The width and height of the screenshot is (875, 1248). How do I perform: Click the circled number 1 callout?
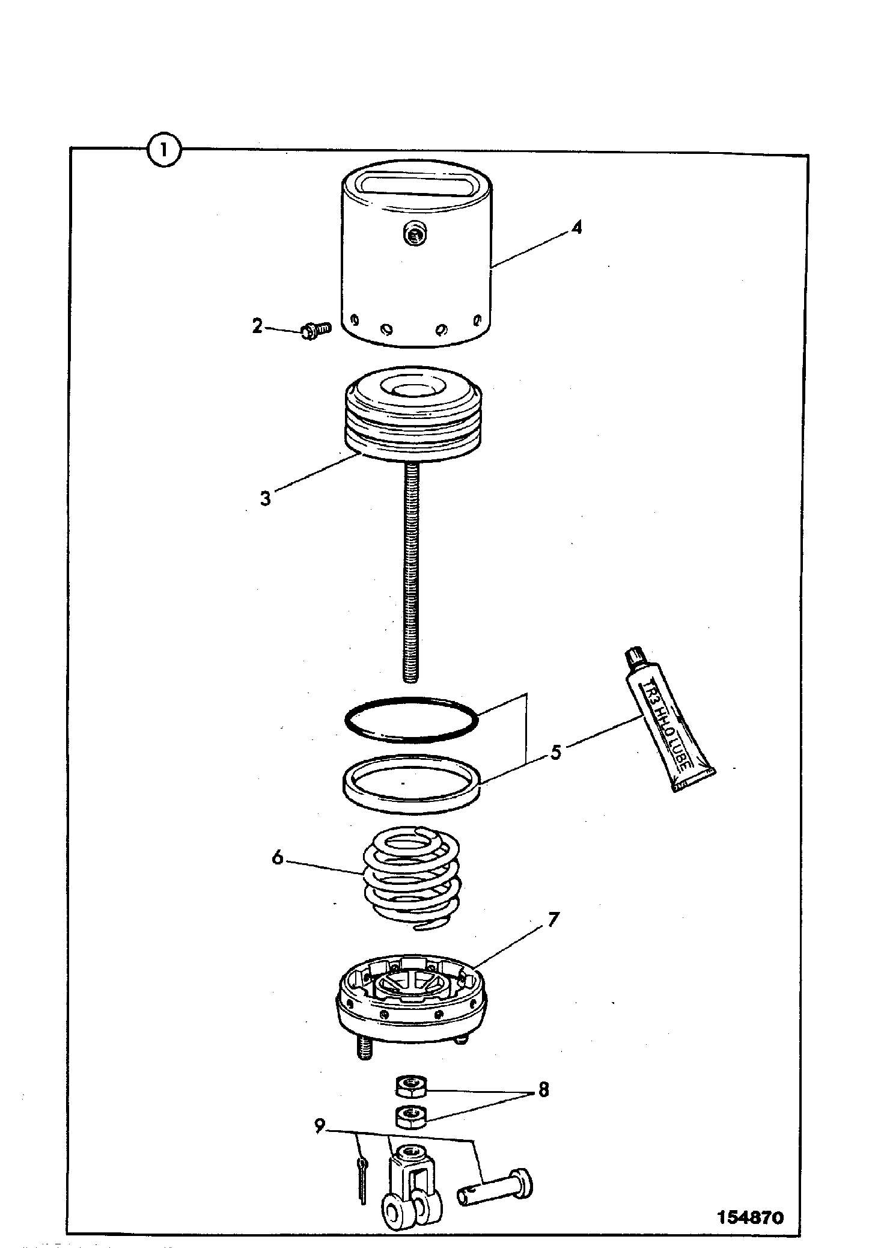click(163, 150)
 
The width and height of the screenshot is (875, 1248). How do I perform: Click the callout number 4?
click(576, 227)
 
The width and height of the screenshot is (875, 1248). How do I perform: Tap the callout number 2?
click(257, 327)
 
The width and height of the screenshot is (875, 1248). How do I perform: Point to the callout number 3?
click(266, 498)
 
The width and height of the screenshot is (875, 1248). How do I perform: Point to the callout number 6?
click(277, 857)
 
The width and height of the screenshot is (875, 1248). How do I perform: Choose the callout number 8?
click(544, 1089)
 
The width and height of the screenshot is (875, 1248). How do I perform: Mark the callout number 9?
click(320, 1125)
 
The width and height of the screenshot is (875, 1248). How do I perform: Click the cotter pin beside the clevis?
click(361, 1182)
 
